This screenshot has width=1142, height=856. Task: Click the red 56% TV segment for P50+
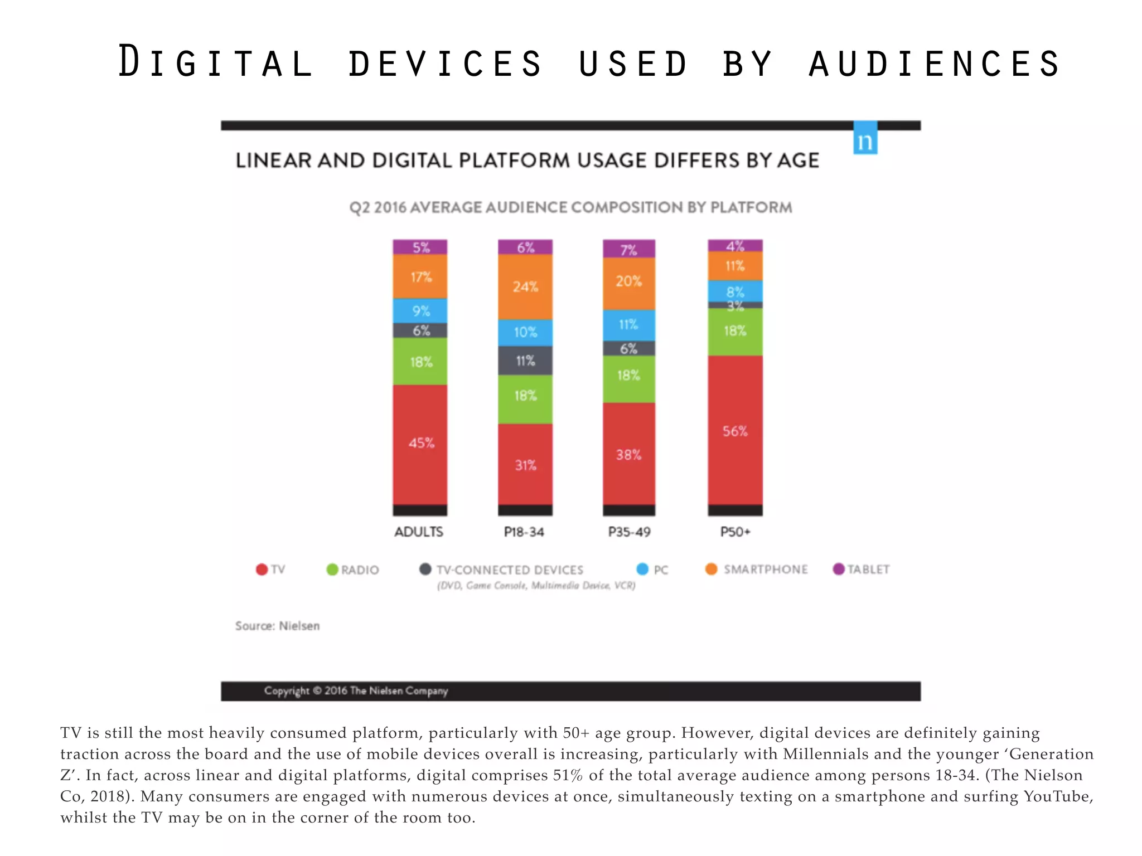pos(735,430)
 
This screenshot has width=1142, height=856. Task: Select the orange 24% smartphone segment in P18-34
pos(525,286)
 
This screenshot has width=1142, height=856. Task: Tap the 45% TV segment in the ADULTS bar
pos(420,444)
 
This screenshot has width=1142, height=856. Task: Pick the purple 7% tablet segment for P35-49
pos(628,249)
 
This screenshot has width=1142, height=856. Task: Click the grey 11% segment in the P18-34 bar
pos(525,361)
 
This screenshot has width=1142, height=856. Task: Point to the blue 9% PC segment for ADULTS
pos(420,310)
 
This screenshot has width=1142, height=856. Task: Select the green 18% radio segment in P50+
pos(735,331)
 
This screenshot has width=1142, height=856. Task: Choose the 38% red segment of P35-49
pos(628,454)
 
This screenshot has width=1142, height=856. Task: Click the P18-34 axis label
pos(524,532)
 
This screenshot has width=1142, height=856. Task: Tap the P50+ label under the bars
pos(735,532)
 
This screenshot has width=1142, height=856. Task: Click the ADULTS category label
pos(419,532)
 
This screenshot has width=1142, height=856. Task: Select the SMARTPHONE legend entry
pos(764,569)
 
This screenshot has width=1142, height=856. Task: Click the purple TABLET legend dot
pos(838,569)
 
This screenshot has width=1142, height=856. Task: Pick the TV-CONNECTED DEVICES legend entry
pos(509,570)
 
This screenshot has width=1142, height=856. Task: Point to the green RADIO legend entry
pos(359,570)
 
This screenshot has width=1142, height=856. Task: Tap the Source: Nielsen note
pos(277,626)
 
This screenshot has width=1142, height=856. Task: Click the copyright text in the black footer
pos(356,691)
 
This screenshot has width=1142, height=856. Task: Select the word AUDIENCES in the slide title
pos(934,62)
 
